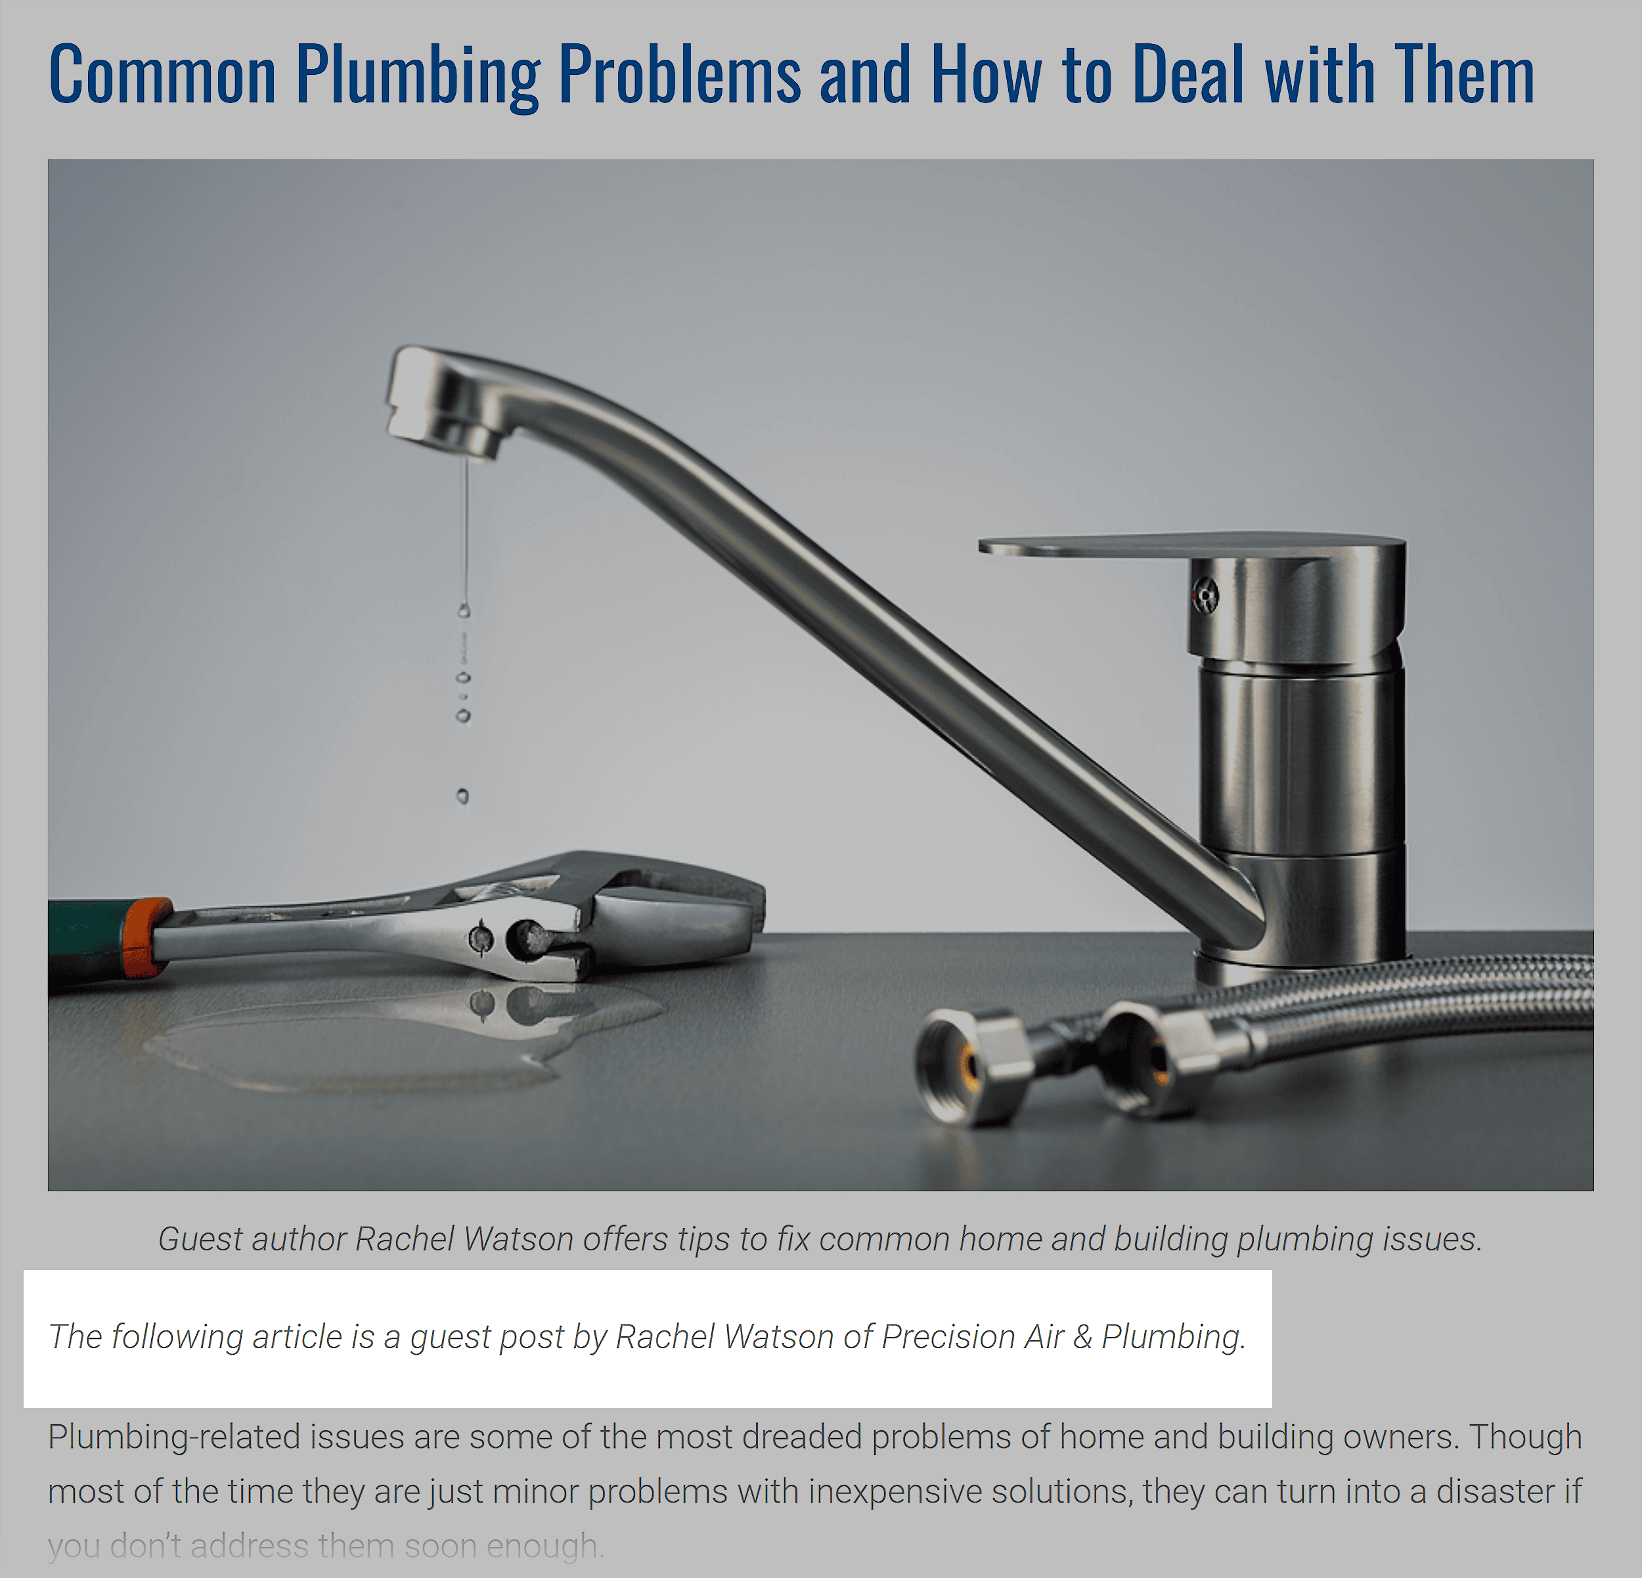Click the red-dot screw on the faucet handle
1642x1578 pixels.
pyautogui.click(x=1205, y=596)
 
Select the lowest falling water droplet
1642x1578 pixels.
pyautogui.click(x=462, y=796)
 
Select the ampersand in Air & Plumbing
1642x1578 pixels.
pyautogui.click(x=1082, y=1337)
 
